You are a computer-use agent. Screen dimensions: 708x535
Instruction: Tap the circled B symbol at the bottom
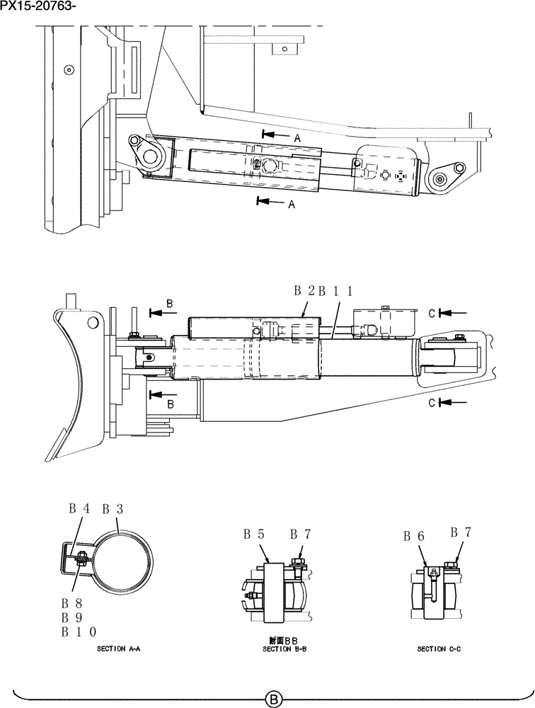click(274, 700)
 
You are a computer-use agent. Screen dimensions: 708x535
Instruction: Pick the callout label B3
click(113, 508)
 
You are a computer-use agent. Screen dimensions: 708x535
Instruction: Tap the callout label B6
click(414, 537)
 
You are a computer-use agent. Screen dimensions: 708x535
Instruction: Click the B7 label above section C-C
click(461, 532)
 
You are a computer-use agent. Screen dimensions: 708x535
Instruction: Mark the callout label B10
click(83, 632)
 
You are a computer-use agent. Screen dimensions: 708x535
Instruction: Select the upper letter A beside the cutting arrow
click(297, 139)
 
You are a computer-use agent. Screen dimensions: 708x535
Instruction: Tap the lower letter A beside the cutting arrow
click(291, 205)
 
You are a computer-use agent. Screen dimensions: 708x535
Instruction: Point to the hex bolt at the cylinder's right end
click(459, 169)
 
